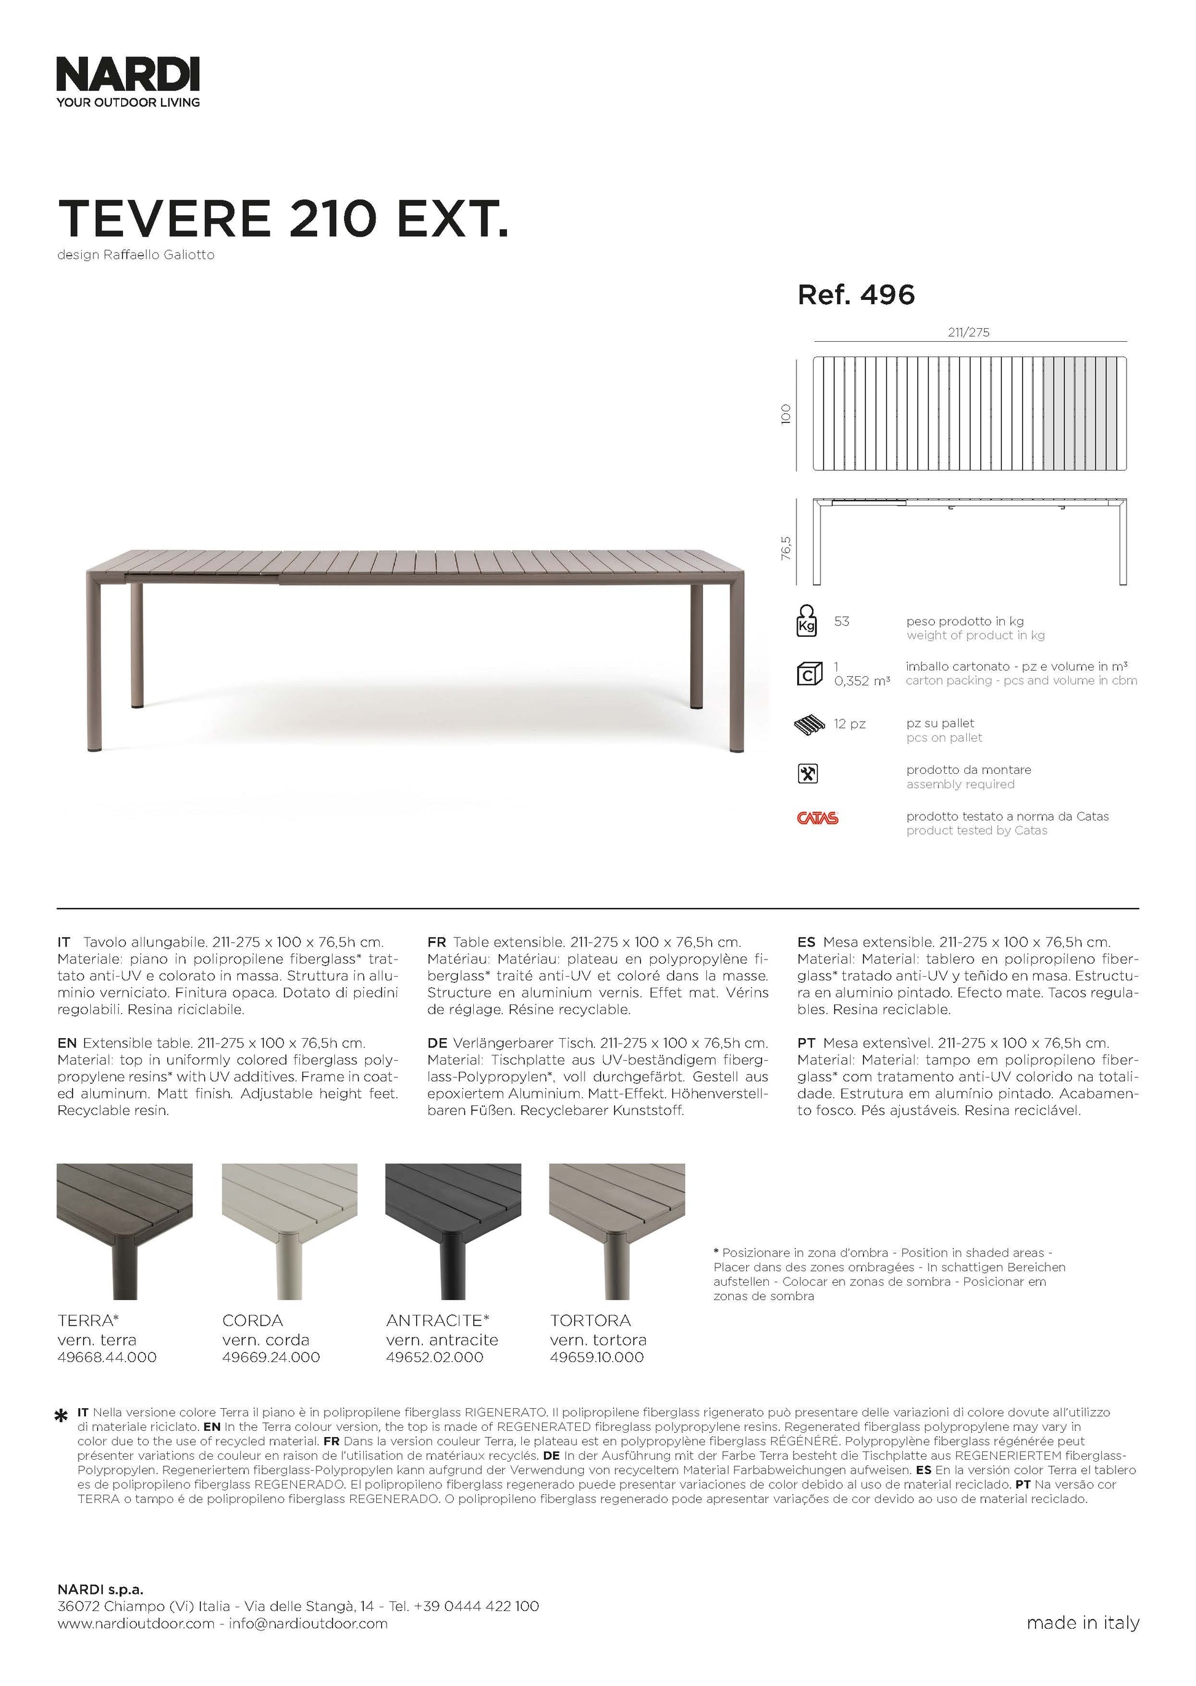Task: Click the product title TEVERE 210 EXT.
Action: pyautogui.click(x=283, y=219)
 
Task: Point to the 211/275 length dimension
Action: pyautogui.click(x=969, y=332)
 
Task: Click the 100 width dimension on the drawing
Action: pyautogui.click(x=786, y=413)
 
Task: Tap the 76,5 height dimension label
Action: pyautogui.click(x=786, y=548)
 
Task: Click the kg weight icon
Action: pyautogui.click(x=807, y=620)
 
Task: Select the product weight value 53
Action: pyautogui.click(x=842, y=621)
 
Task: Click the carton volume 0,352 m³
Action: pyautogui.click(x=862, y=681)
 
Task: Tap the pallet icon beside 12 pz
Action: pyautogui.click(x=809, y=725)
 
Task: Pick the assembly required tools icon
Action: pyautogui.click(x=808, y=774)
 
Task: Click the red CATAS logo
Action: pyautogui.click(x=817, y=817)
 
